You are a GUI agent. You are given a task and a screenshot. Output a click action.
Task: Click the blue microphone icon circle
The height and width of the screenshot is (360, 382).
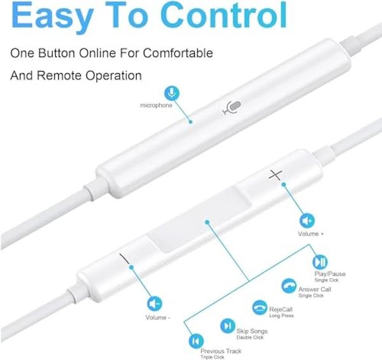pyautogui.click(x=172, y=93)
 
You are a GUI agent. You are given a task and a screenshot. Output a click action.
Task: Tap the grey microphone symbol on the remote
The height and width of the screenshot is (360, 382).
pyautogui.click(x=232, y=107)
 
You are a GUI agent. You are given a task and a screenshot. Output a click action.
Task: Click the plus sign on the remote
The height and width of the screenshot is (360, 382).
pyautogui.click(x=276, y=175)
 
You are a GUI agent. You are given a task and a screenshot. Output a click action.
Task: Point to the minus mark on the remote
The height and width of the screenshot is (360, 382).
pyautogui.click(x=124, y=259)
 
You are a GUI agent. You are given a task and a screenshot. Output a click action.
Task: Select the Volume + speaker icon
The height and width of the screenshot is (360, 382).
pyautogui.click(x=307, y=221)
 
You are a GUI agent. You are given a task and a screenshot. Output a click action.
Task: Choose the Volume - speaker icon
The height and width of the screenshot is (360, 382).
pyautogui.click(x=155, y=304)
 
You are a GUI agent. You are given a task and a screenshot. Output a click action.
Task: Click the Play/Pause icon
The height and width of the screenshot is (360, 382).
pyautogui.click(x=320, y=262)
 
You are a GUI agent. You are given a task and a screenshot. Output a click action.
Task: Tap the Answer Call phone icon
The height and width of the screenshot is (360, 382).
pyautogui.click(x=289, y=286)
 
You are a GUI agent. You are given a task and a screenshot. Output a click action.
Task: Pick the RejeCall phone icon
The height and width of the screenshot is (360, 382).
pyautogui.click(x=260, y=307)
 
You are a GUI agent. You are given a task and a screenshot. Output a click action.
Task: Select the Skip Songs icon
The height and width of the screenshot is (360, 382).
pyautogui.click(x=228, y=326)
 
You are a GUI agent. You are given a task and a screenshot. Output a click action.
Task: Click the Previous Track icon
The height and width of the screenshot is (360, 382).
pyautogui.click(x=196, y=341)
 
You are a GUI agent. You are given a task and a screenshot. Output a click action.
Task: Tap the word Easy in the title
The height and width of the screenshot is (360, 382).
pyautogui.click(x=52, y=17)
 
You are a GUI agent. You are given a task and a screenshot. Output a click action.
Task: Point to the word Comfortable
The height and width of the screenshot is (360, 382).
pyautogui.click(x=178, y=53)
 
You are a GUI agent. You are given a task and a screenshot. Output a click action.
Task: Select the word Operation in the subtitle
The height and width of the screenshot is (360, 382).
pyautogui.click(x=113, y=76)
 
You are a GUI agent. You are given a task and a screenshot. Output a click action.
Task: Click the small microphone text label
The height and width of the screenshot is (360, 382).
pyautogui.click(x=156, y=105)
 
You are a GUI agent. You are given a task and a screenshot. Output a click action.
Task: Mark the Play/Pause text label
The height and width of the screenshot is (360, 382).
pyautogui.click(x=330, y=274)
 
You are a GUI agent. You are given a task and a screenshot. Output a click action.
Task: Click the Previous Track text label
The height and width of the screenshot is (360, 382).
pyautogui.click(x=221, y=351)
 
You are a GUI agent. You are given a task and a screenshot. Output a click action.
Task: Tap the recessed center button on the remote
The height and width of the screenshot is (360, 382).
pyautogui.click(x=198, y=220)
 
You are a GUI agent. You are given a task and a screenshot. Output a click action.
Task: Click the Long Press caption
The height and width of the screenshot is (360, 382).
pyautogui.click(x=281, y=315)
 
